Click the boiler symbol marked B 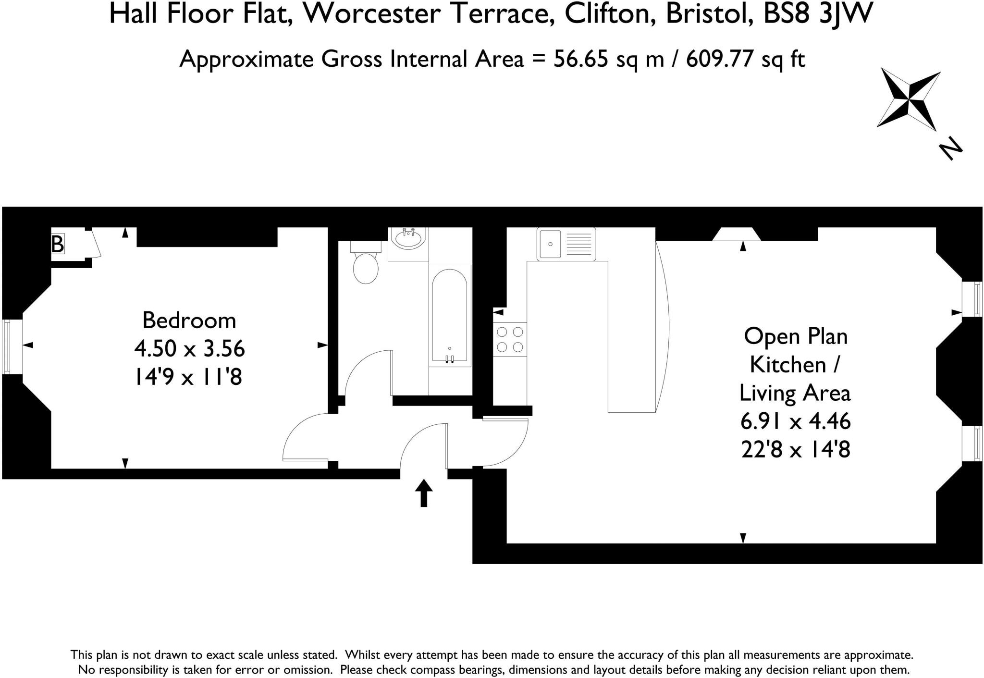[x=58, y=244]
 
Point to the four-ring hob [x=510, y=339]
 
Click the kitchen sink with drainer [x=566, y=244]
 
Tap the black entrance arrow [x=423, y=493]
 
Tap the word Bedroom [x=189, y=321]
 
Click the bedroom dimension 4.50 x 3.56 [x=189, y=349]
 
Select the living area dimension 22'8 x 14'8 [x=796, y=450]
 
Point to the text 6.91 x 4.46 [x=796, y=422]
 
